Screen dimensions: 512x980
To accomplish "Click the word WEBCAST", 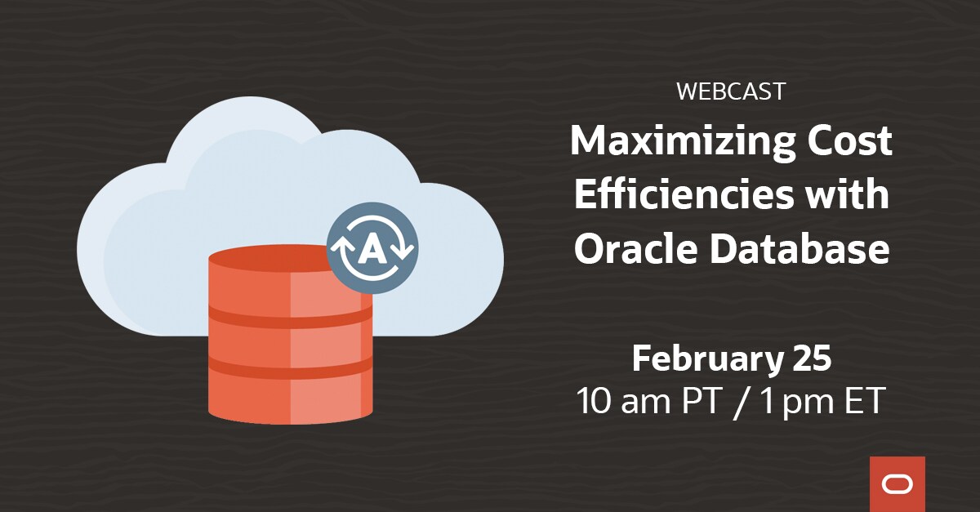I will [731, 91].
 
